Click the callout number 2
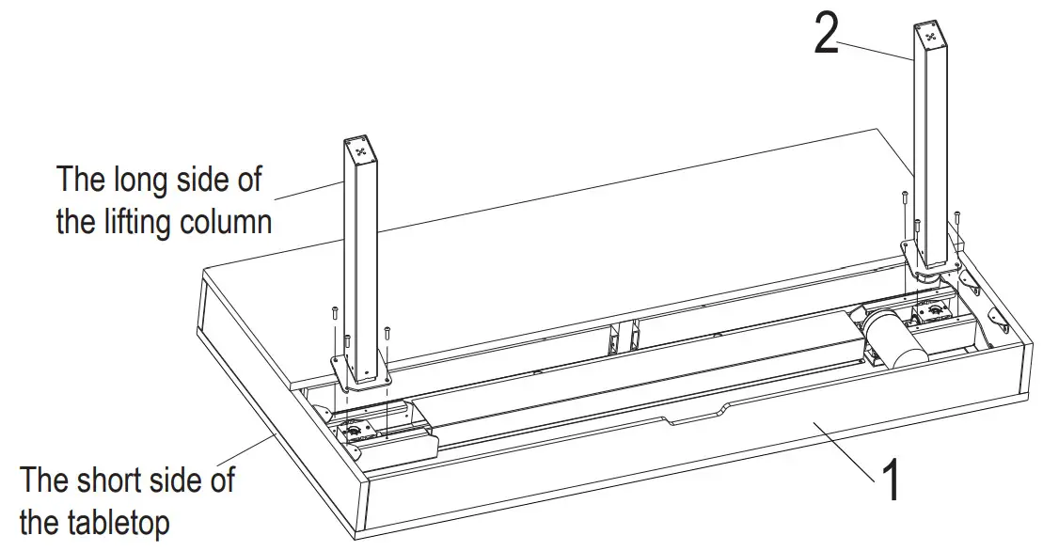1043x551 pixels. point(826,35)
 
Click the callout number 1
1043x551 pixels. point(889,480)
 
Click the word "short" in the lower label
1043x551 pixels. point(119,480)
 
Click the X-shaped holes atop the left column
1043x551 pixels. point(359,148)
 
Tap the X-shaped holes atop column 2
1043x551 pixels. point(930,37)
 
